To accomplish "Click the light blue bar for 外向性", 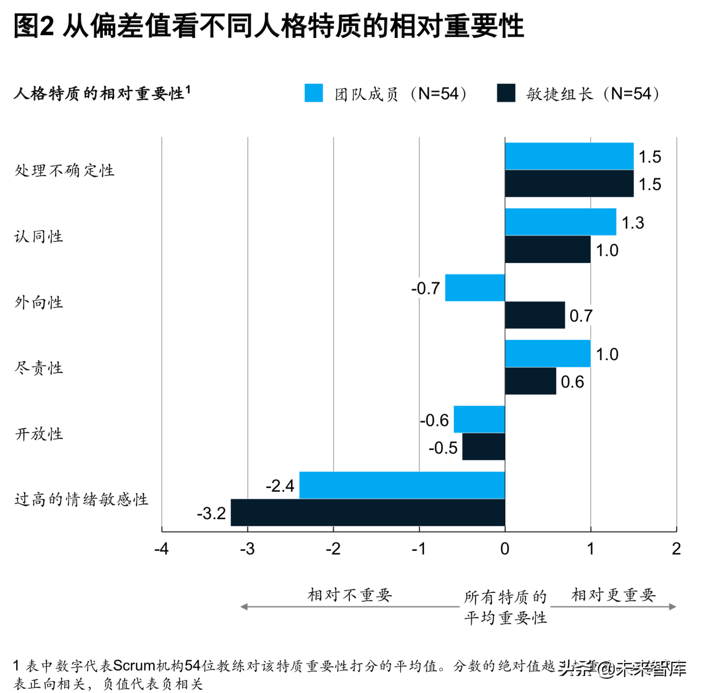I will (x=475, y=288).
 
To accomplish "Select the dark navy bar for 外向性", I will (x=535, y=315).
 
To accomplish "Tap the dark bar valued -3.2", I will (x=368, y=512).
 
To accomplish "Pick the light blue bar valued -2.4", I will (x=402, y=485).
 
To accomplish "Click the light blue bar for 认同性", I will (x=560, y=222).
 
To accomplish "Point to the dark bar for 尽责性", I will (x=530, y=381).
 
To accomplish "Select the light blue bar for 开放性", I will (x=479, y=419).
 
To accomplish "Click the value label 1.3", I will (x=633, y=223).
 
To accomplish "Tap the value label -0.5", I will (x=443, y=448).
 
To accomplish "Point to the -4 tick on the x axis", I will (x=162, y=549).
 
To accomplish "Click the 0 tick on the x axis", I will (x=505, y=549).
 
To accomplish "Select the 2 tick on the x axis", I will (x=676, y=549).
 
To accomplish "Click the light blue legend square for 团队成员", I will (x=314, y=93).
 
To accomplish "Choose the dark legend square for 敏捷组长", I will (x=506, y=93).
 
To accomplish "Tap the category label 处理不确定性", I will (x=64, y=170).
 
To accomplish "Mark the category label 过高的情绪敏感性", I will (x=81, y=499).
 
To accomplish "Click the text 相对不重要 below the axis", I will (x=350, y=595).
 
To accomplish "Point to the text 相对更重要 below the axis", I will (x=613, y=595).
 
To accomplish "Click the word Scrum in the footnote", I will (x=134, y=665).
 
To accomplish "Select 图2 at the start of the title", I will (x=33, y=26).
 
